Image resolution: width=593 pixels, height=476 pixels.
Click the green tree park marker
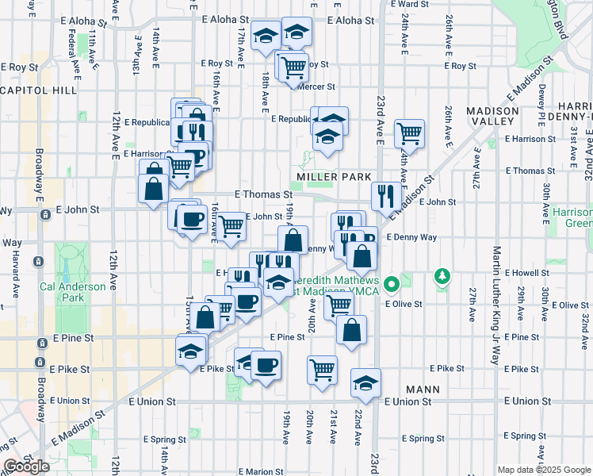[x=442, y=276]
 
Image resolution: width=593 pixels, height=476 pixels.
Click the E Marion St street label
[x=262, y=471]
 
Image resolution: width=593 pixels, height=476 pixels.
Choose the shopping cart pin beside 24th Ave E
[x=409, y=132]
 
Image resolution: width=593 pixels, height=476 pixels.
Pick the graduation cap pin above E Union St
[x=365, y=383]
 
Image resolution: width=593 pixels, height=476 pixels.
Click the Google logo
[x=25, y=466]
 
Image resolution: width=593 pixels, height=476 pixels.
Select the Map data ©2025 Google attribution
[x=545, y=470]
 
